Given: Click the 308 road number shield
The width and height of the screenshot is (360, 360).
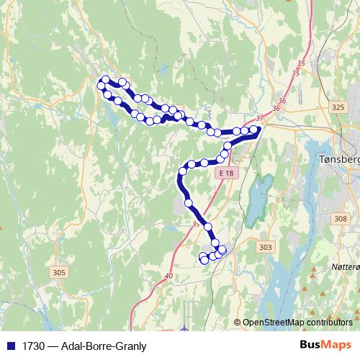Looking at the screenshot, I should (x=341, y=217).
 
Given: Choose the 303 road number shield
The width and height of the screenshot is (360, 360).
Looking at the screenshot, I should (x=265, y=247).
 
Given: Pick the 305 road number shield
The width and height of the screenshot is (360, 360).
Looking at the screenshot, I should (x=59, y=272).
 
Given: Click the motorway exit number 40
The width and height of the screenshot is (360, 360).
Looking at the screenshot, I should (x=168, y=275).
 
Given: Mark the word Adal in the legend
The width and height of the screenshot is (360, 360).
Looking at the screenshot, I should (x=72, y=346).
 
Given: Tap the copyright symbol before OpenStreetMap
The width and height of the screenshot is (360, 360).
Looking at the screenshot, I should (x=238, y=323).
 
